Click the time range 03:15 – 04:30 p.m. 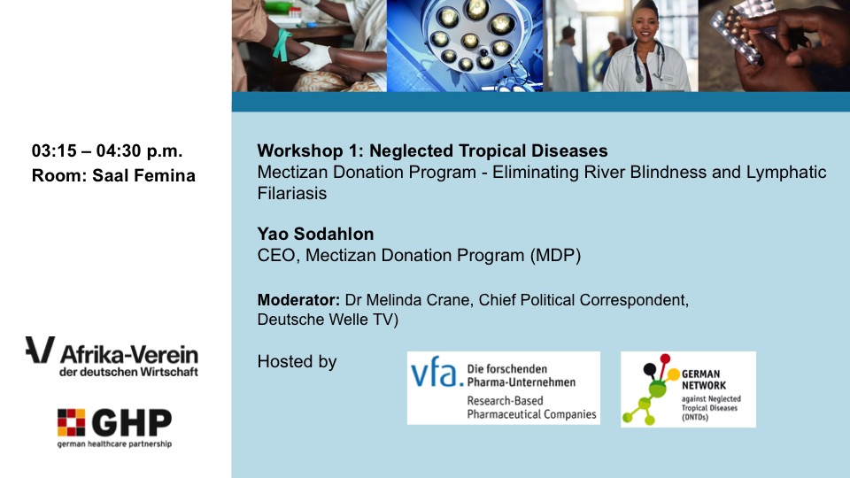(x=107, y=150)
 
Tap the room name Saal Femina (x=143, y=175)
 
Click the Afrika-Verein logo (x=112, y=357)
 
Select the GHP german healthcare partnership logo (x=114, y=428)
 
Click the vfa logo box (x=504, y=388)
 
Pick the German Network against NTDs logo (x=688, y=389)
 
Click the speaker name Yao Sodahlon (x=315, y=234)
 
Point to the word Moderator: (x=298, y=300)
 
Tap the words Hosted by (x=297, y=361)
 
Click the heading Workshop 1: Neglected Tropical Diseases (x=433, y=150)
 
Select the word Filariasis (x=292, y=194)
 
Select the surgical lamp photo (x=465, y=45)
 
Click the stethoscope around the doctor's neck (x=649, y=61)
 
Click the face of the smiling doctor (x=644, y=26)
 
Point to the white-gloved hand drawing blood (x=313, y=57)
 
